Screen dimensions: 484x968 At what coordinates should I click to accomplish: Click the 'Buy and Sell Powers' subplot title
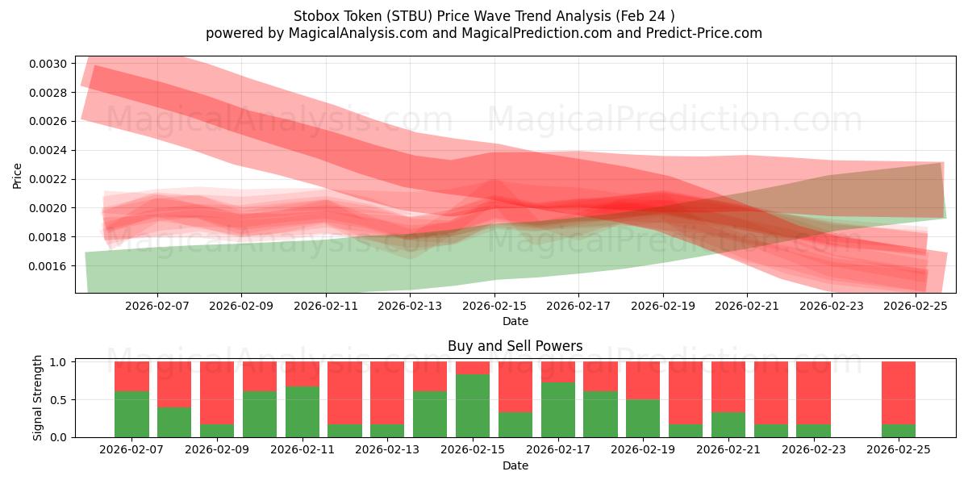(x=515, y=346)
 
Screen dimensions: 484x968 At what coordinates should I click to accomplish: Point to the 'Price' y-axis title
(x=18, y=174)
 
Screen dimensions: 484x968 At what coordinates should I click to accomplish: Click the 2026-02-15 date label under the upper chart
(x=494, y=307)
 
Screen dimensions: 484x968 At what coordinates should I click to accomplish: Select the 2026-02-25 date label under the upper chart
(x=916, y=307)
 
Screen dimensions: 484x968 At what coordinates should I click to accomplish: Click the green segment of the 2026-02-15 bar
(x=473, y=406)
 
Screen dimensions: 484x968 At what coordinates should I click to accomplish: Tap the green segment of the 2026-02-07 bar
(x=131, y=414)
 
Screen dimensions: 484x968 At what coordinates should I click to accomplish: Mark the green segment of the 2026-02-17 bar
(x=558, y=410)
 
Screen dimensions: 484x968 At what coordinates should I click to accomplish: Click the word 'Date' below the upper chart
(x=515, y=321)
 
